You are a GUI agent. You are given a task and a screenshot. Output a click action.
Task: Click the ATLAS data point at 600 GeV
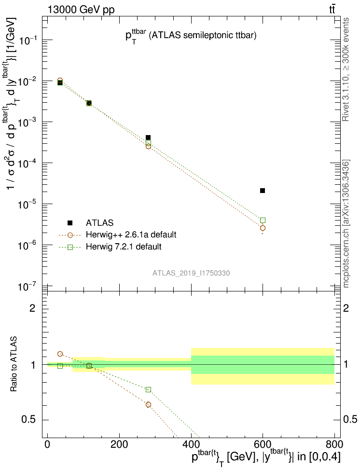click(x=263, y=191)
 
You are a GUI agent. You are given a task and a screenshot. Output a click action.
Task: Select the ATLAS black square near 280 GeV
click(x=148, y=138)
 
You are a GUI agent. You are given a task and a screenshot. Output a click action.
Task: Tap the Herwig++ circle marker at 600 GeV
click(x=263, y=228)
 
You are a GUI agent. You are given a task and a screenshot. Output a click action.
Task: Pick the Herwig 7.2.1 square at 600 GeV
click(x=263, y=220)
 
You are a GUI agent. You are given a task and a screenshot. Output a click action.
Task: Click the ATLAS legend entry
click(x=100, y=223)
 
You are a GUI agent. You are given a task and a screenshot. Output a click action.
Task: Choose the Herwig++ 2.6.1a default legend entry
click(x=131, y=235)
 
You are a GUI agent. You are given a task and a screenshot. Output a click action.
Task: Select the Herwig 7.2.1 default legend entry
click(x=124, y=247)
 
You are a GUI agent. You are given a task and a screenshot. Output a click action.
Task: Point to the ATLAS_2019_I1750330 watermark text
click(x=191, y=273)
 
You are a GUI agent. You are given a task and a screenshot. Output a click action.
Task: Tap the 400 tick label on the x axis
click(x=191, y=444)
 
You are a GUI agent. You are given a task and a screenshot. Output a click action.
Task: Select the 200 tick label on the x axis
click(x=119, y=444)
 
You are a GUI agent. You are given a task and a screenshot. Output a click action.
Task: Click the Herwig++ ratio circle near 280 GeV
click(x=148, y=404)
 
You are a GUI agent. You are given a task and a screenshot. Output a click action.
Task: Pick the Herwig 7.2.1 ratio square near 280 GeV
click(x=148, y=389)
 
